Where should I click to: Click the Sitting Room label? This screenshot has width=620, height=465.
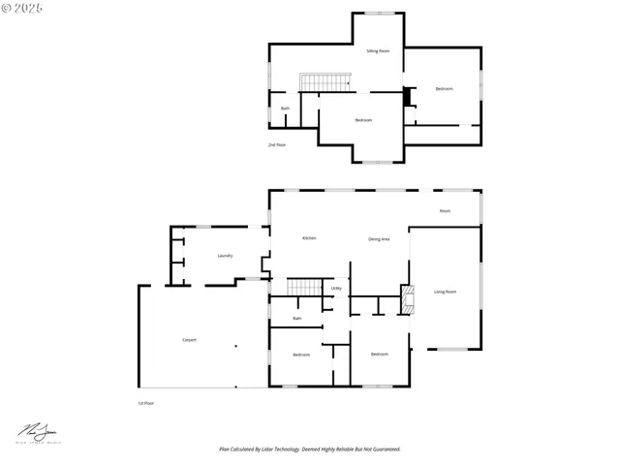[x=378, y=50]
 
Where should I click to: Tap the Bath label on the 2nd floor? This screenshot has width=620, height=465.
[x=285, y=108]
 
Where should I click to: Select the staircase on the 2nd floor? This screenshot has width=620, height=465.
[x=323, y=82]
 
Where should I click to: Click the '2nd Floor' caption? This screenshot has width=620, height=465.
[x=277, y=144]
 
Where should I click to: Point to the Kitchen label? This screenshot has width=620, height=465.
[x=309, y=237]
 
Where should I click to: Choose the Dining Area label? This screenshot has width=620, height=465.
[x=379, y=238]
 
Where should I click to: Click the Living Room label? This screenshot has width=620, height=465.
[x=445, y=292]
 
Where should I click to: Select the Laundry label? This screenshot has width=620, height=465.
[x=225, y=256]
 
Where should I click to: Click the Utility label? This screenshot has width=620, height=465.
[x=335, y=288]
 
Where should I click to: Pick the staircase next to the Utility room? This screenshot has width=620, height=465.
[x=306, y=287]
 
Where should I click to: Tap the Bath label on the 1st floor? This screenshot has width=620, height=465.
[x=297, y=318]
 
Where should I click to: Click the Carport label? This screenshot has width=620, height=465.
[x=190, y=340]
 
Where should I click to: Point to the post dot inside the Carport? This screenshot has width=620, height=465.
[x=235, y=346]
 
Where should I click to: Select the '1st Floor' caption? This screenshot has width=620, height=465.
[x=145, y=402]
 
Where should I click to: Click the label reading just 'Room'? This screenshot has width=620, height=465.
[x=445, y=210]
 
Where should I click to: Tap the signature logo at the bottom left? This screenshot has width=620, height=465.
[x=35, y=432]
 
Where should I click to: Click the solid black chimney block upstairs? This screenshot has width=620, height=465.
[x=407, y=96]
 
